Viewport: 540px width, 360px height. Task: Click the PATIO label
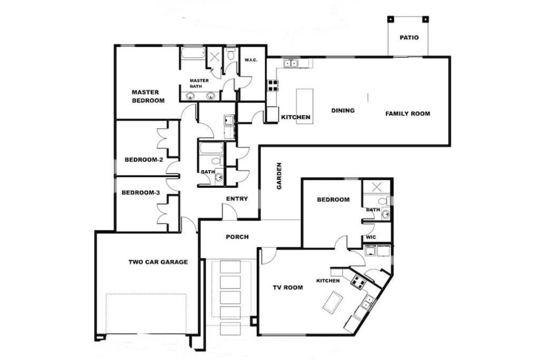click(409, 37)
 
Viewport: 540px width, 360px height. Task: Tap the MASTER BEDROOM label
click(148, 96)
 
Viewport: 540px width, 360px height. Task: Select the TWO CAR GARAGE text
click(158, 262)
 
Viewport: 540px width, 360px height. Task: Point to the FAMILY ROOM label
click(408, 113)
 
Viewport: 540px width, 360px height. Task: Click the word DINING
click(343, 111)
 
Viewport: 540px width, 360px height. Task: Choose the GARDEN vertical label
click(279, 176)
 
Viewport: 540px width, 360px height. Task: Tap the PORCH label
click(237, 237)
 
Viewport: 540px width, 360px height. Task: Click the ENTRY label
click(237, 199)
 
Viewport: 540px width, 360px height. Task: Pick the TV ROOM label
click(288, 287)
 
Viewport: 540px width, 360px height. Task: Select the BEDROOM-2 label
click(143, 160)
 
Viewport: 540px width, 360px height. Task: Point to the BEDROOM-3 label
click(140, 193)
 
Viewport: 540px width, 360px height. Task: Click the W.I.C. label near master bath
click(251, 60)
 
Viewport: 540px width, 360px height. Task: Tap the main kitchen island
click(305, 106)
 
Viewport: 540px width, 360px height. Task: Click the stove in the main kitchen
click(273, 85)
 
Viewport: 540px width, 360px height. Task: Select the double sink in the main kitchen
click(291, 63)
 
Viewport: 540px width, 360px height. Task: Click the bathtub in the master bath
click(193, 54)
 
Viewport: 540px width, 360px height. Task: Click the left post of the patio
click(390, 20)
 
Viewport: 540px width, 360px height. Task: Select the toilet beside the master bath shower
click(230, 54)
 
